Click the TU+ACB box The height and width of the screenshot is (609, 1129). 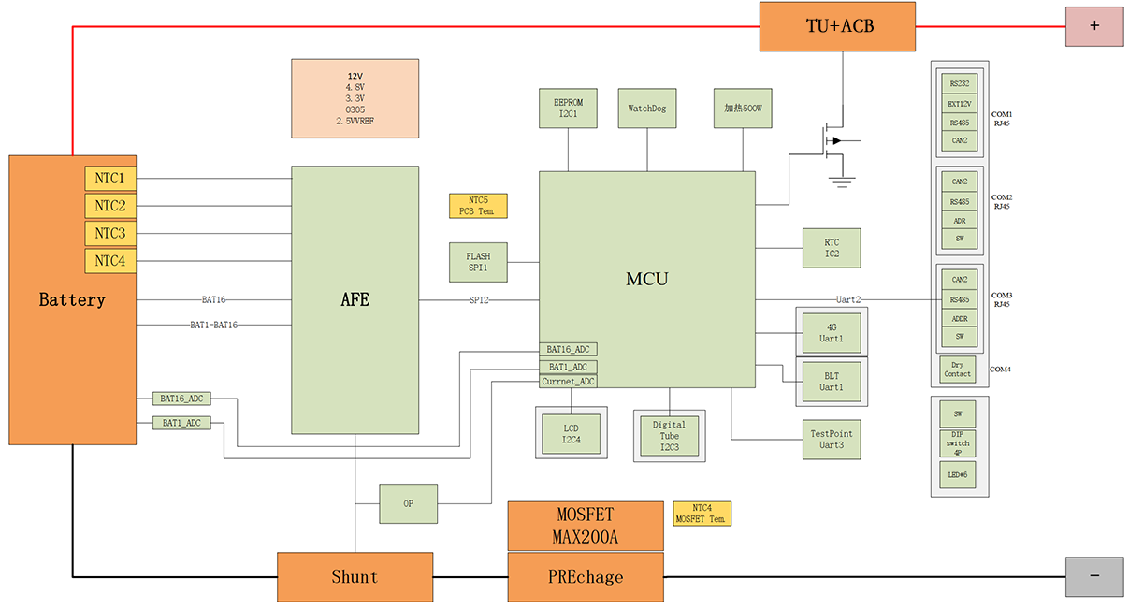pyautogui.click(x=840, y=26)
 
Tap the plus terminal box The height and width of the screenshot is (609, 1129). pyautogui.click(x=1093, y=26)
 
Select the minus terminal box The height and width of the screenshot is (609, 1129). pyautogui.click(x=1093, y=576)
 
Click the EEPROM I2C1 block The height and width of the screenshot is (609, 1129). pyautogui.click(x=568, y=109)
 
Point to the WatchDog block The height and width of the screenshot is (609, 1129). pyautogui.click(x=647, y=109)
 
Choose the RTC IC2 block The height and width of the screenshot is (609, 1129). pyautogui.click(x=832, y=248)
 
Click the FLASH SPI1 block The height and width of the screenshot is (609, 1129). pyautogui.click(x=478, y=262)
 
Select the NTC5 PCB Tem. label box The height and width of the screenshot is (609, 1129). pyautogui.click(x=478, y=206)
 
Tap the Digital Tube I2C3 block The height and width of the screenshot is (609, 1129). pyautogui.click(x=669, y=436)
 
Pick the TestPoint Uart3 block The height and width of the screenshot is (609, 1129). pyautogui.click(x=832, y=439)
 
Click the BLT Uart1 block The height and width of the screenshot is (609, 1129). pyautogui.click(x=831, y=382)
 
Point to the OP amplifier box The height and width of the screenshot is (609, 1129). pyautogui.click(x=408, y=503)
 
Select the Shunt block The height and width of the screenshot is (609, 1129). pyautogui.click(x=355, y=576)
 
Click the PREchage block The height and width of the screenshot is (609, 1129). pyautogui.click(x=586, y=576)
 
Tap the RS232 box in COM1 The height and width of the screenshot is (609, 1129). pyautogui.click(x=959, y=82)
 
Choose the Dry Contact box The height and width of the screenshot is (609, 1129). pyautogui.click(x=957, y=369)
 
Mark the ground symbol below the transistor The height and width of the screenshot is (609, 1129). pyautogui.click(x=844, y=181)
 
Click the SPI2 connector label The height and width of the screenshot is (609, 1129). pyautogui.click(x=479, y=300)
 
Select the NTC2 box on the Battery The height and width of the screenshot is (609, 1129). pyautogui.click(x=110, y=206)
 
